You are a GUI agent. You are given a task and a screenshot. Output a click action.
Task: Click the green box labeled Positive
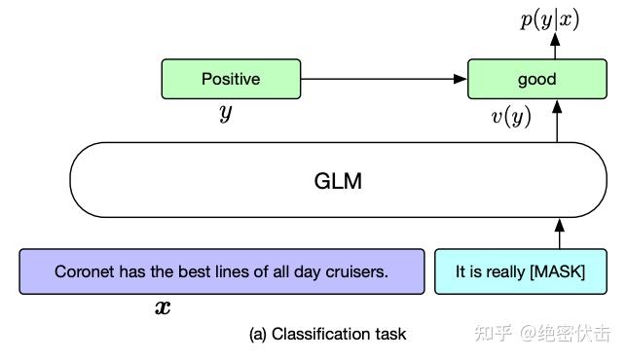click(x=231, y=79)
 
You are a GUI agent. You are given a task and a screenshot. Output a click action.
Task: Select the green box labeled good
click(x=536, y=79)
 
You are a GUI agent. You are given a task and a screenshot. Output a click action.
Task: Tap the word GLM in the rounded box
click(x=338, y=181)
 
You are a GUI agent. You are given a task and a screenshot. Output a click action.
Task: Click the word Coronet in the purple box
click(x=82, y=272)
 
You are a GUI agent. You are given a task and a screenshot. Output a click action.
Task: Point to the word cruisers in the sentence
click(x=357, y=272)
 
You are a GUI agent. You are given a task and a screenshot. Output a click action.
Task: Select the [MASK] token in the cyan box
click(x=557, y=272)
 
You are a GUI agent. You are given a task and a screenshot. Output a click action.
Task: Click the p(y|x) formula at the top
click(x=549, y=18)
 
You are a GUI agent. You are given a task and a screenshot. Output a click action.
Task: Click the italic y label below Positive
click(x=226, y=113)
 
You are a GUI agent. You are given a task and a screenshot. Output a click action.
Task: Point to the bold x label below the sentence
click(x=164, y=308)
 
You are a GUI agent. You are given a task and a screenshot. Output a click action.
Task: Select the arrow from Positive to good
click(x=384, y=79)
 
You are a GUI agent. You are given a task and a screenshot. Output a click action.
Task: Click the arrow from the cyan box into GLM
click(x=559, y=234)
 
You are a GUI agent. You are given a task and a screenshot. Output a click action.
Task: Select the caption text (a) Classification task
click(x=328, y=334)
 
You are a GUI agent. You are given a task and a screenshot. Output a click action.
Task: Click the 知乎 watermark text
click(x=492, y=334)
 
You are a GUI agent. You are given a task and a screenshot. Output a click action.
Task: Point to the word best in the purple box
click(x=183, y=272)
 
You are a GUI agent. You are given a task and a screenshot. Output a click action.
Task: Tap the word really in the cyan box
click(x=504, y=272)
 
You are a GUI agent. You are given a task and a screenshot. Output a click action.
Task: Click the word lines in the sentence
click(x=221, y=272)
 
